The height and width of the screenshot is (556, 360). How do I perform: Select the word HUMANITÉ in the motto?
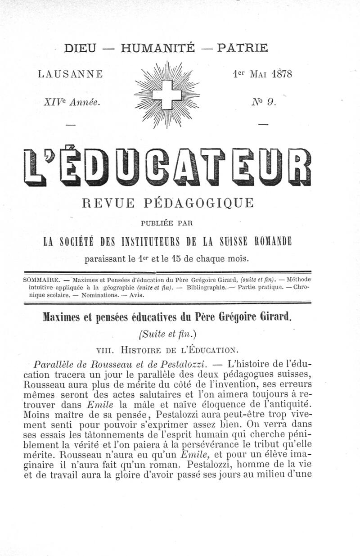click(x=158, y=47)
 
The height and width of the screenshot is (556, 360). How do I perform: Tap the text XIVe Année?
click(x=71, y=102)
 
